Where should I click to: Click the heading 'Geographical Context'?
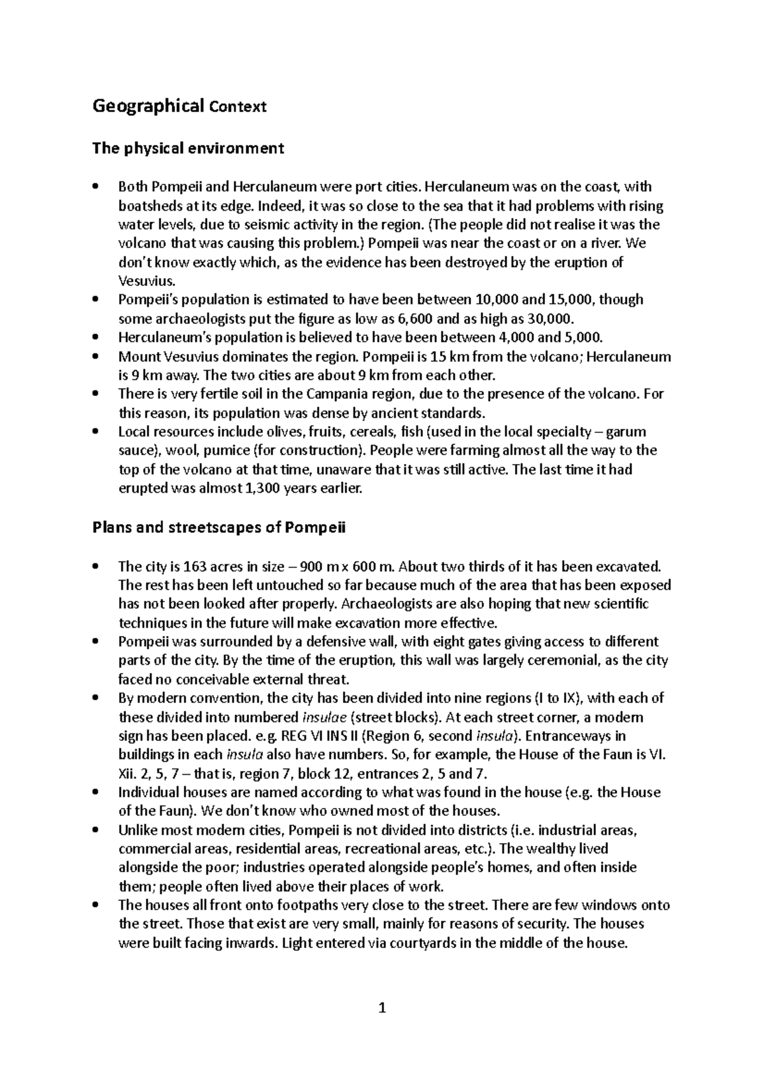179,106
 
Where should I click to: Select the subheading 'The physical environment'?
188,148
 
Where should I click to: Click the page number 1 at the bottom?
382,1008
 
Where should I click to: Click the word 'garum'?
626,431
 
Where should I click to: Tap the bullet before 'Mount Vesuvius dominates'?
95,356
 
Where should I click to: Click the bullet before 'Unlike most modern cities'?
95,830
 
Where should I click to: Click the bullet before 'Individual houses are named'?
95,793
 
